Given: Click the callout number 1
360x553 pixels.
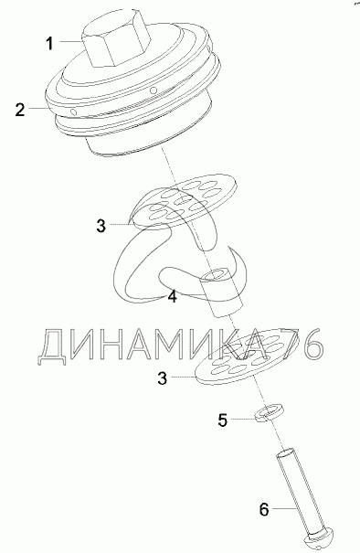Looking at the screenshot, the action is click(x=49, y=43).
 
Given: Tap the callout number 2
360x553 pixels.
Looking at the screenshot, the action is click(x=20, y=110).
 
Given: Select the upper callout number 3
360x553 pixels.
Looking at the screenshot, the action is click(x=101, y=226).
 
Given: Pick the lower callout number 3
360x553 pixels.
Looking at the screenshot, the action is click(x=163, y=378).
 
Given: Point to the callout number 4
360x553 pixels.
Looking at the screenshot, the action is click(x=172, y=296).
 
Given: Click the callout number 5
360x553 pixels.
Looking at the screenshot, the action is click(x=223, y=420).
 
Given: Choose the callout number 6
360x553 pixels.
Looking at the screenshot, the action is click(x=264, y=509).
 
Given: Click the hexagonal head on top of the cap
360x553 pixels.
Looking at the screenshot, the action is click(x=114, y=42).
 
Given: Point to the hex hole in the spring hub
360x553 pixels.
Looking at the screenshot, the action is click(x=215, y=274).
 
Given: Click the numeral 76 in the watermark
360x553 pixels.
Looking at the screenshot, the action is click(x=302, y=344).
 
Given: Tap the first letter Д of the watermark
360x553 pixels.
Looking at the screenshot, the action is click(x=52, y=347).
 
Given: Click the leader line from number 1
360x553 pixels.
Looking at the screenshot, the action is click(x=70, y=42).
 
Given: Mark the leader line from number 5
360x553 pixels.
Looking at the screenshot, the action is click(x=243, y=419).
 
